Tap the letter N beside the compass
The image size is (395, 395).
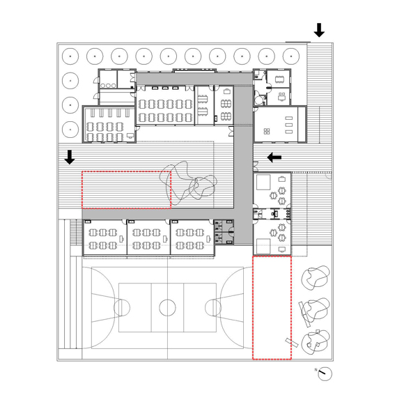316,370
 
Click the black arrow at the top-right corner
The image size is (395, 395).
319,30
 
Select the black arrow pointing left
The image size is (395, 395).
274,157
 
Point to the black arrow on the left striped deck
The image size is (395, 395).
70,157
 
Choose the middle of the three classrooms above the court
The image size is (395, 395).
148,237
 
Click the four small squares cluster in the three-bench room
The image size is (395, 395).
267,131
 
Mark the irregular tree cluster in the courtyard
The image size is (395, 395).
189,182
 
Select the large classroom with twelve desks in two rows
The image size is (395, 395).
165,104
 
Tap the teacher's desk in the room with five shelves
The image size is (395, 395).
130,136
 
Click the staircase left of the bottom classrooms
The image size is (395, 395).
73,232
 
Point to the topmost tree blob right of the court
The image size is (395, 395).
316,277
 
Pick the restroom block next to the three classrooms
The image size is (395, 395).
224,232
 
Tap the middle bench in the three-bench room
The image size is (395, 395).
288,125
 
